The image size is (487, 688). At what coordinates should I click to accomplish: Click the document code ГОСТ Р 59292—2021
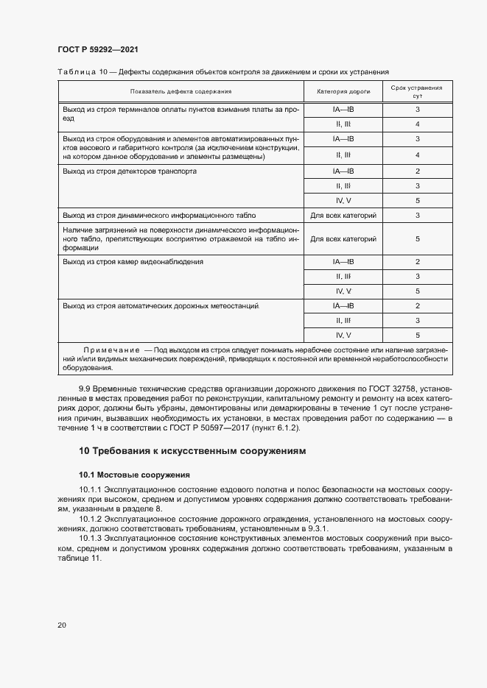pos(97,50)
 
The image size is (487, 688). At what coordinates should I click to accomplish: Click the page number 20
pos(62,625)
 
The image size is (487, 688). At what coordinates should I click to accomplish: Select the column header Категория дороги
pos(343,91)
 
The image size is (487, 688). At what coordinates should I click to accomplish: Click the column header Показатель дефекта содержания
pos(181,91)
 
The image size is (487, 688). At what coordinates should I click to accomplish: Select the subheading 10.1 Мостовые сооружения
pos(135,475)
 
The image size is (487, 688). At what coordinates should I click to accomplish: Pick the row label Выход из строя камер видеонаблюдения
pos(133,261)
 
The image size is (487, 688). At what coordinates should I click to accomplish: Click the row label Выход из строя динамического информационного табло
pos(159,216)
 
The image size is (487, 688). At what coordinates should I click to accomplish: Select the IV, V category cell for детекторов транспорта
pos(343,200)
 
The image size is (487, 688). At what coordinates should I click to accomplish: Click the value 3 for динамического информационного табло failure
pos(417,216)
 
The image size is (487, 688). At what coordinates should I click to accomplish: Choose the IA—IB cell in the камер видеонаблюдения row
pos(343,261)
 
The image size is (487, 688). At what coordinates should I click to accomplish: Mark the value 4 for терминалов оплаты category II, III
pos(417,124)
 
